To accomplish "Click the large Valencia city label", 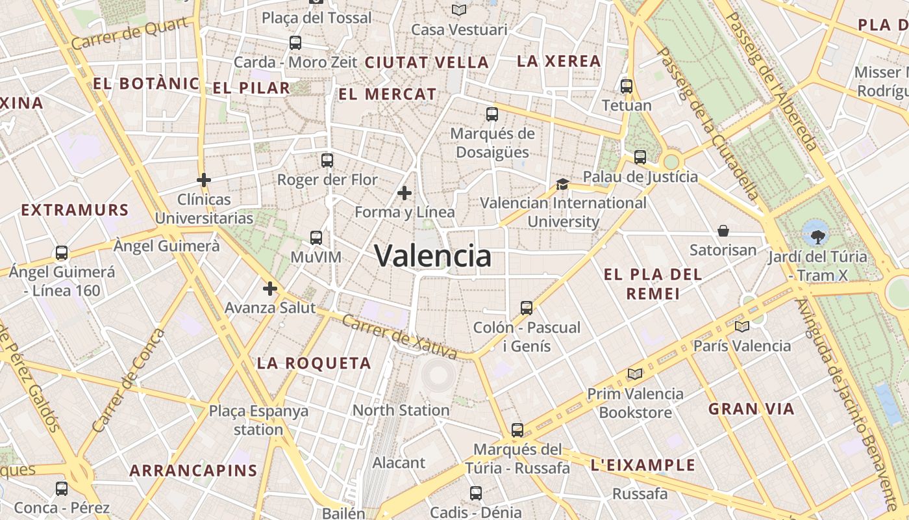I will [433, 256].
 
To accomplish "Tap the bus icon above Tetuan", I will [627, 86].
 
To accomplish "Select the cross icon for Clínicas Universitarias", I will [204, 180].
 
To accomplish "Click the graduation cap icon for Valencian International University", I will [562, 185].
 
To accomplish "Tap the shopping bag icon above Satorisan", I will [723, 231].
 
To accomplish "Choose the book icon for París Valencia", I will [741, 326].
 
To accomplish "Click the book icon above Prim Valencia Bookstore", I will [634, 374].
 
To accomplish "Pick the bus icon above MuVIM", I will [316, 238].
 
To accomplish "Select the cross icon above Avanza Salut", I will [270, 289].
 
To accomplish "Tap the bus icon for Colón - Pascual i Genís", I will [527, 308].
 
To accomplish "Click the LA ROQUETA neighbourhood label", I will [314, 363].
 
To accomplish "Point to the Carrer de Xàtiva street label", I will [400, 337].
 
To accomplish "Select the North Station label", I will [401, 410].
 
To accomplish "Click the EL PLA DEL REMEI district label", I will [653, 283].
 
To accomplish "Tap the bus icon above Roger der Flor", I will [327, 161].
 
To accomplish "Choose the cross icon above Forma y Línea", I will [405, 193].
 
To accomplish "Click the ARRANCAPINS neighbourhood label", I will [193, 470].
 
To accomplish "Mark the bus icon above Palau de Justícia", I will [640, 157].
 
